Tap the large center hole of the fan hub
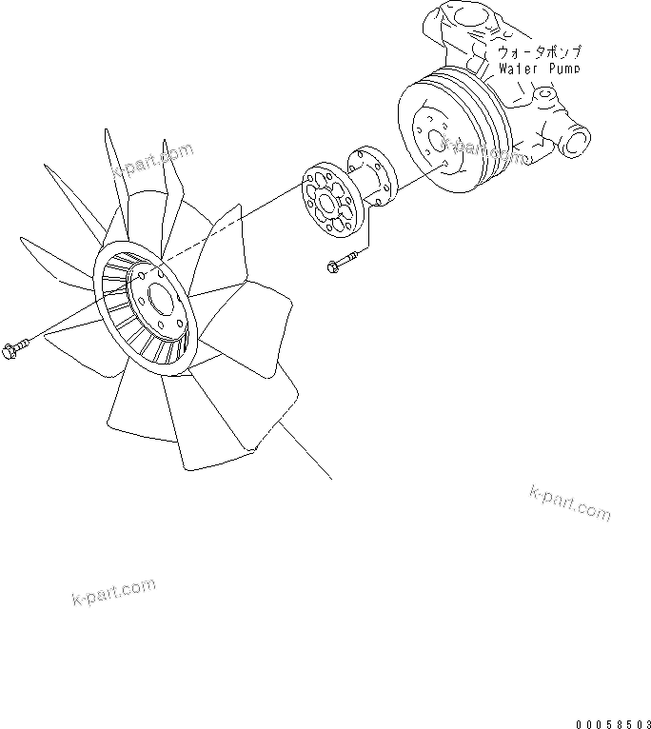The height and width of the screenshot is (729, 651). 170,307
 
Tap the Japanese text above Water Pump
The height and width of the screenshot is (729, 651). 539,52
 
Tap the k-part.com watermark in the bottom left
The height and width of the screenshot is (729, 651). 113,592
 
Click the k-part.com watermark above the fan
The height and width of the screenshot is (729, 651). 151,163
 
